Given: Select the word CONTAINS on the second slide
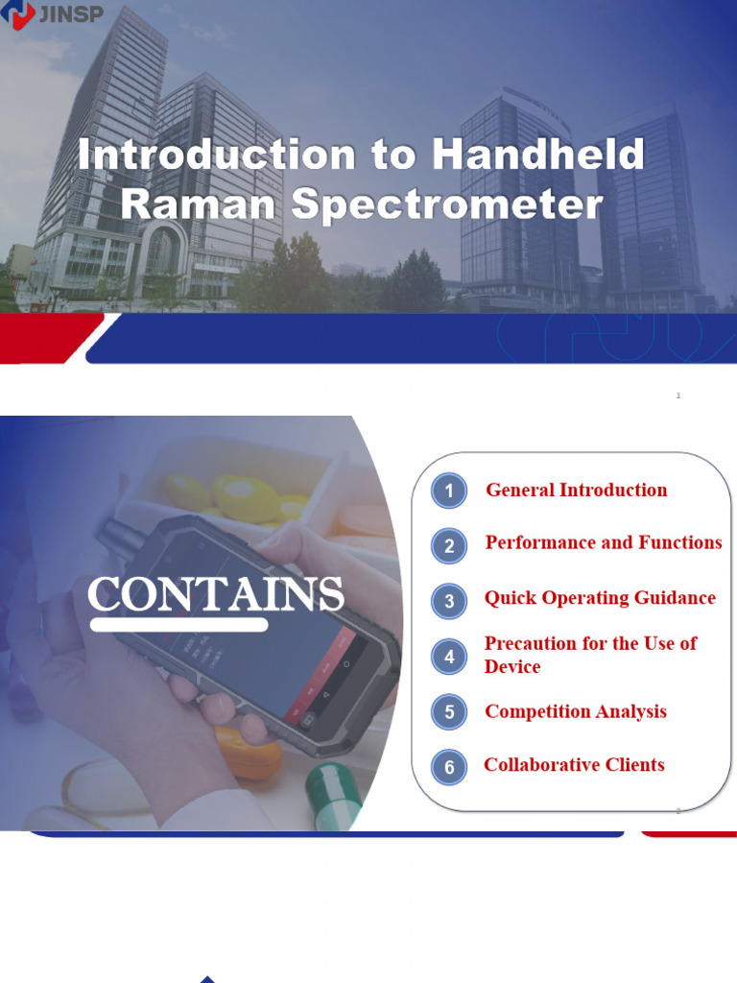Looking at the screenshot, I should (x=216, y=595).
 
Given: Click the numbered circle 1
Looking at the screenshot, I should (x=448, y=491).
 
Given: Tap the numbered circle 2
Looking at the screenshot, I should (x=448, y=546).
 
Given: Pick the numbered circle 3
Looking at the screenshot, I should (x=448, y=602).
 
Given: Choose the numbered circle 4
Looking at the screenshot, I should (x=448, y=657).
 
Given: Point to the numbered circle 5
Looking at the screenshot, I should (x=448, y=712).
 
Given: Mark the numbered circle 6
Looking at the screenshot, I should (x=448, y=767).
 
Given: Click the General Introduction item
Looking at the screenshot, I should (x=576, y=491).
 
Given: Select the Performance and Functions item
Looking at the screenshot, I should (x=603, y=543).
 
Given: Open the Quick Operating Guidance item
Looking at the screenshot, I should (x=600, y=598).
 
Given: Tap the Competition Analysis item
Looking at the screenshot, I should (x=575, y=711).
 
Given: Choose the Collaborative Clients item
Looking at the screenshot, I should (x=574, y=765).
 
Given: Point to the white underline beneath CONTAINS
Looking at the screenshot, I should (x=178, y=625).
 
